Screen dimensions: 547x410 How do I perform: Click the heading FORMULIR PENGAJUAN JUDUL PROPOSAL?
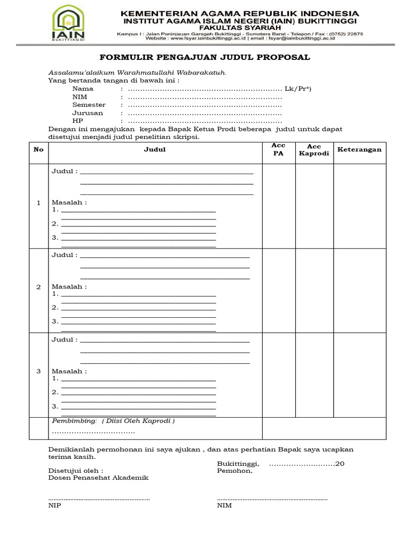point(206,58)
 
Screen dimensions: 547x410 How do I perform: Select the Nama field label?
point(83,89)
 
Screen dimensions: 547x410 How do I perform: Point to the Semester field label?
point(89,105)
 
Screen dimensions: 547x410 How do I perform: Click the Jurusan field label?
point(88,113)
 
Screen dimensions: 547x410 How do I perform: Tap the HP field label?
point(77,121)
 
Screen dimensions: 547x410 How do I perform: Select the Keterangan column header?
point(359,150)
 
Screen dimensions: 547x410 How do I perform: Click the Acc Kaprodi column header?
point(314,150)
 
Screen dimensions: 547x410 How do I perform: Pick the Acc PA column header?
point(278,150)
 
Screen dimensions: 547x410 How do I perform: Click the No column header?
point(38,150)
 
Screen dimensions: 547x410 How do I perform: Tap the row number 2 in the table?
point(38,287)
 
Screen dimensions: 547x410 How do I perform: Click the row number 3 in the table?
point(38,372)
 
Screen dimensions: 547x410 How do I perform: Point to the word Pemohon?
point(234,472)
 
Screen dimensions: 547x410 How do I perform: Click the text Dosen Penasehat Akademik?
point(98,478)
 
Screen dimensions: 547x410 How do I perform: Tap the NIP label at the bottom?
point(54,506)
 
